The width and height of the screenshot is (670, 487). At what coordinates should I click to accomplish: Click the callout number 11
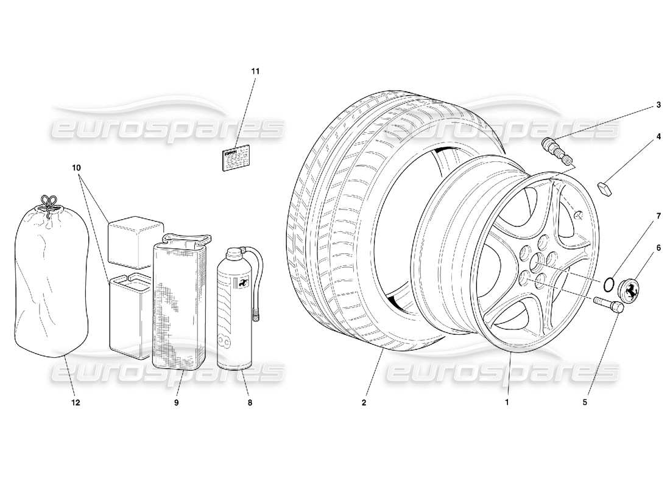click(x=255, y=71)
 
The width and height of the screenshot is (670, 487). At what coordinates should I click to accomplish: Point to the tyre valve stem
click(x=558, y=152)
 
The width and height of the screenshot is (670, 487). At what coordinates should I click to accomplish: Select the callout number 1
click(x=506, y=402)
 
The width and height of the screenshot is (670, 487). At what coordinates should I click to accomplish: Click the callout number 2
click(x=364, y=402)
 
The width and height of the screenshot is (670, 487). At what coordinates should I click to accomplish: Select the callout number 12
click(x=76, y=402)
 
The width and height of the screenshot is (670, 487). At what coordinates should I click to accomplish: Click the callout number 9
click(x=176, y=402)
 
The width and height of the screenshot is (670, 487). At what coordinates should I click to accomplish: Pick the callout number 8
click(x=250, y=402)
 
